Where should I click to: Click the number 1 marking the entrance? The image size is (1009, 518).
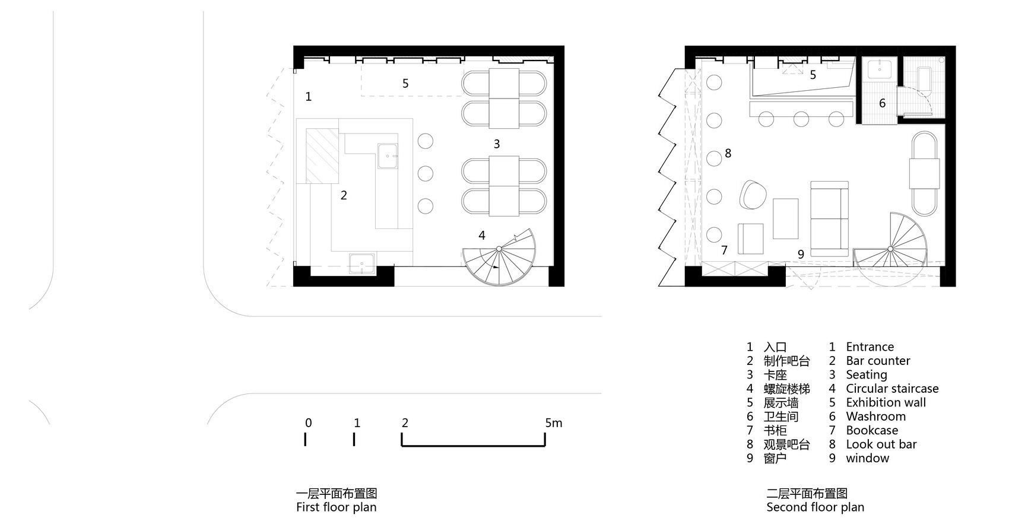(308, 96)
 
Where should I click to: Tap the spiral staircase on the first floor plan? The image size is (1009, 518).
(499, 257)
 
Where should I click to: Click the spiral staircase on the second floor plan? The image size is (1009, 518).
(890, 249)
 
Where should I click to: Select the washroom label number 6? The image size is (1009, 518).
(882, 103)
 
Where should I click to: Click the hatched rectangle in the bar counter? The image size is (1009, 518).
(322, 156)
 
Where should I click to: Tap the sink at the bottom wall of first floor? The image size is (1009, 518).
(361, 263)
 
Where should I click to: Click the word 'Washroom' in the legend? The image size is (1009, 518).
(875, 416)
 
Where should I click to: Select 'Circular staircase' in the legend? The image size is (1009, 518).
(892, 388)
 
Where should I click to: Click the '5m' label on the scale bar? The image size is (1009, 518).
(554, 423)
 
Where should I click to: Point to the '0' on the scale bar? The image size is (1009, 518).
(308, 423)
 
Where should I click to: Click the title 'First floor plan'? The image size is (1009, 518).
(336, 507)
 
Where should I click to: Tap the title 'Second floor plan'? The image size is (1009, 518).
(816, 507)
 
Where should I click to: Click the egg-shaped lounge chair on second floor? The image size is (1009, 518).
(752, 195)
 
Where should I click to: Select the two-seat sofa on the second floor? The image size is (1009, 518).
(829, 219)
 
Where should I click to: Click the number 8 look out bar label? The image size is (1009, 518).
(728, 154)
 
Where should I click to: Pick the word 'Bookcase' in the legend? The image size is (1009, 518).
(872, 430)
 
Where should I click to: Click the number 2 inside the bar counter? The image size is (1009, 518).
(344, 195)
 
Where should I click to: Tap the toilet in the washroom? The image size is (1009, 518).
(924, 80)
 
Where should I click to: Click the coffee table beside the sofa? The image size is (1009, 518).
(786, 218)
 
